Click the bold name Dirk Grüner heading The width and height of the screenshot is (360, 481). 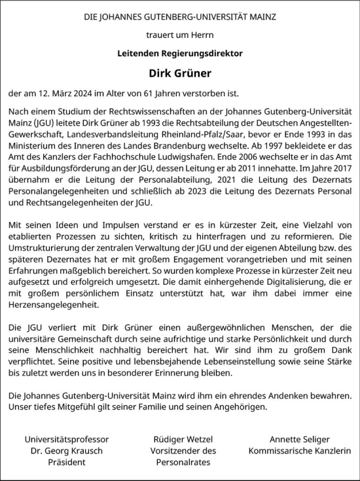(180, 73)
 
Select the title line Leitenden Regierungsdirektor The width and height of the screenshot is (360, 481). (180, 52)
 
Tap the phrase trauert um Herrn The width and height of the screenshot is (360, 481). (180, 33)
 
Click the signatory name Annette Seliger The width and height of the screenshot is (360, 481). (300, 440)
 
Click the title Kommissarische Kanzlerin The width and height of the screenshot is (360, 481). (300, 451)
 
